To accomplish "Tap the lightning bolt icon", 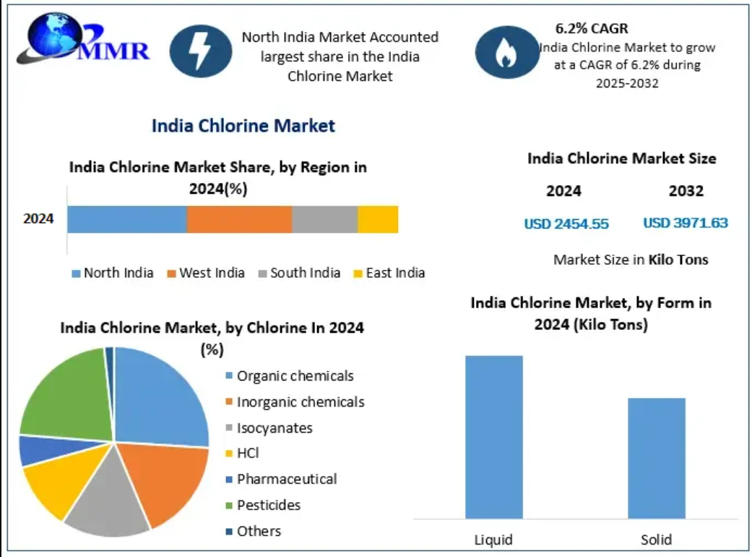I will pos(200,51).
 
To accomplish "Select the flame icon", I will pos(506,51).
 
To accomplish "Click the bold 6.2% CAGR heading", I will pos(592,29).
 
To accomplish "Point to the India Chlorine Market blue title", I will pos(243,126).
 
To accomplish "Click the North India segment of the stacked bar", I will pos(127,219).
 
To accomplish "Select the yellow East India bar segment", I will pos(378,219).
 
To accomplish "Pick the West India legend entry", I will pos(206,273).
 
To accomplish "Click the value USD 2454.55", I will pos(566,224).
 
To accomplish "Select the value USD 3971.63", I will pos(686,223).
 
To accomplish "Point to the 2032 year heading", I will pos(686,191).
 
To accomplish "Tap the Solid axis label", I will pos(656,540).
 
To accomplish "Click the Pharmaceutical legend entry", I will pos(280,479).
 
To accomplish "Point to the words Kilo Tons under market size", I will pos(678,259).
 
